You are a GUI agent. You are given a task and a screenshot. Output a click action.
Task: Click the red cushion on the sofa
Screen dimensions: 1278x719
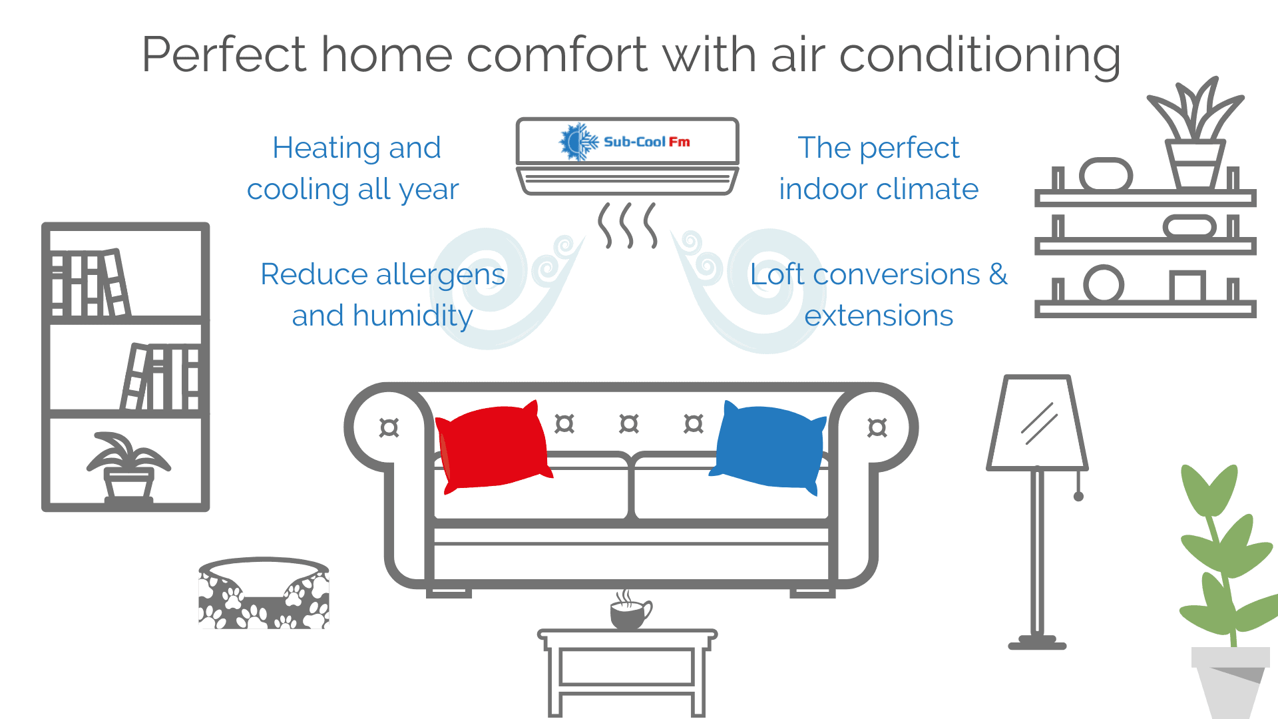click(x=494, y=446)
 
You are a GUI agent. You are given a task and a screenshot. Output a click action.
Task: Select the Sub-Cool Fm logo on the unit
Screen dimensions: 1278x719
click(x=624, y=141)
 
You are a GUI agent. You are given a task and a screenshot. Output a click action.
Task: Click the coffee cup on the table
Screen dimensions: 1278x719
click(x=630, y=611)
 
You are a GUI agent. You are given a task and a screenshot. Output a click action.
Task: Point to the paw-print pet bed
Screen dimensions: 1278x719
click(x=264, y=593)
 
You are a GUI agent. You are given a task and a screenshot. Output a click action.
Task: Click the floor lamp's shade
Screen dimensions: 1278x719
click(x=1037, y=423)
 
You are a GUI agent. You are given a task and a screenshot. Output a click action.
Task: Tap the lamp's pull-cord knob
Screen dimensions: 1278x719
click(x=1079, y=496)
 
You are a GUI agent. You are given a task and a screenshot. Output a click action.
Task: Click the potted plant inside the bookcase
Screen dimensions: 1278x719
click(x=128, y=466)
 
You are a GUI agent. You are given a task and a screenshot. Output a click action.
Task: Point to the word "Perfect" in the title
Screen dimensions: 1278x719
click(x=224, y=55)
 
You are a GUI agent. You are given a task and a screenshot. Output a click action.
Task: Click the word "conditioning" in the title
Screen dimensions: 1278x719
click(x=980, y=56)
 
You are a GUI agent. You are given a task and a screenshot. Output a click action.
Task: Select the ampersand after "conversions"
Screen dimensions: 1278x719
click(x=998, y=274)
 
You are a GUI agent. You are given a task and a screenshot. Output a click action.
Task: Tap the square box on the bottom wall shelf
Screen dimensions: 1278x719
click(x=1187, y=286)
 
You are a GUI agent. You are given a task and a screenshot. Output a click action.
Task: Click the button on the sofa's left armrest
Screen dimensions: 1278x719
click(x=389, y=427)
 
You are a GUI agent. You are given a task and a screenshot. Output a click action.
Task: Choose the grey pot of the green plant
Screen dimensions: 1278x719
click(x=1231, y=682)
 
